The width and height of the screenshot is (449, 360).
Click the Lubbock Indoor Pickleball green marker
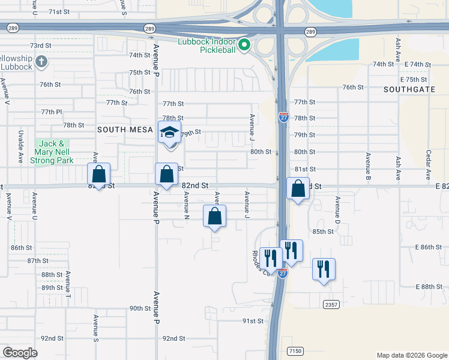point(244,45)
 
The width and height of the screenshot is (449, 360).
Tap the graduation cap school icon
point(169,133)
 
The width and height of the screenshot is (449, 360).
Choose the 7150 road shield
point(294,350)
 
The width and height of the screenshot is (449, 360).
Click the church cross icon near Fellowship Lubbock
point(41,61)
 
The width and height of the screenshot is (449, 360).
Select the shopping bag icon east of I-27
point(298,190)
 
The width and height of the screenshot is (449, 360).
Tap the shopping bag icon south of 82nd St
point(215,217)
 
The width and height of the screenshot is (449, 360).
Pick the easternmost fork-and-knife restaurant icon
point(324,269)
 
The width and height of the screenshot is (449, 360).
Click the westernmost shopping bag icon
point(99,175)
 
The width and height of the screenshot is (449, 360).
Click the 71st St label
point(59,12)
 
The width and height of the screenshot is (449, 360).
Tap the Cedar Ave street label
point(429,165)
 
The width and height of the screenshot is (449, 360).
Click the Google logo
point(20,352)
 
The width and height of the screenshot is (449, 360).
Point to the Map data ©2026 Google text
point(411,355)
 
